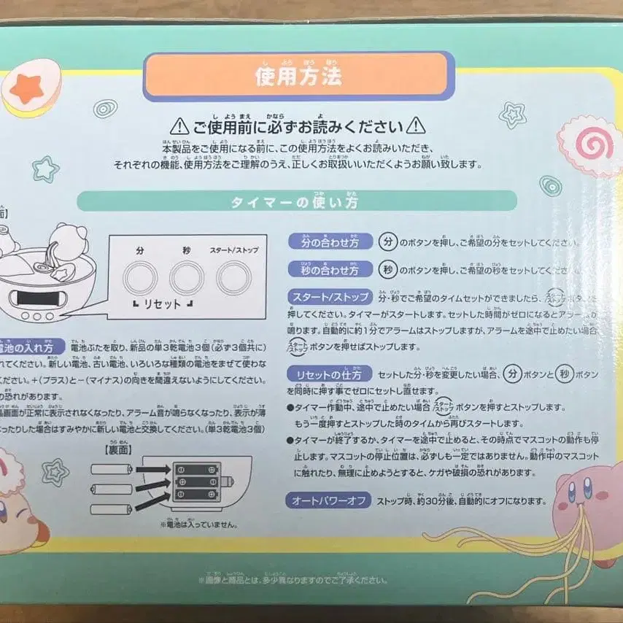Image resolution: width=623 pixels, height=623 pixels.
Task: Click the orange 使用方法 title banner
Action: (298, 75)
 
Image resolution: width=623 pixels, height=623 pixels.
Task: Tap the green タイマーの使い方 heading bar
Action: (297, 200)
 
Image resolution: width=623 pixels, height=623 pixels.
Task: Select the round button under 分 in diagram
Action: (139, 277)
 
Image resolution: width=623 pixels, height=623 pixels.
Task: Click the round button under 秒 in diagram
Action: (187, 277)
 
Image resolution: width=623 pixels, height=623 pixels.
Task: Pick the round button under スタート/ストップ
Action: (233, 277)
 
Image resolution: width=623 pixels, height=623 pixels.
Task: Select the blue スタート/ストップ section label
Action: (330, 298)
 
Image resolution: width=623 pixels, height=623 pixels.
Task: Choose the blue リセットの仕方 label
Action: (330, 374)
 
